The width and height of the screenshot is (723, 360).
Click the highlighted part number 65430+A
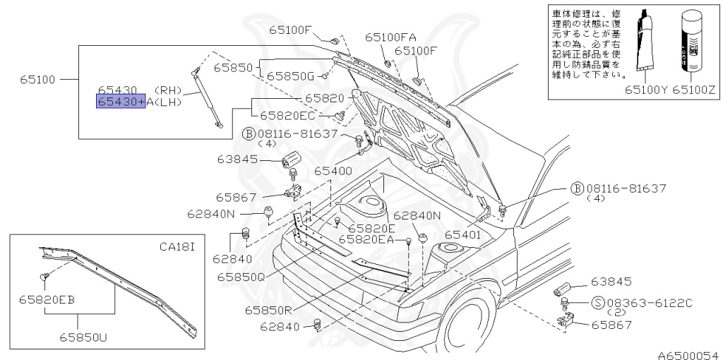click(x=121, y=102)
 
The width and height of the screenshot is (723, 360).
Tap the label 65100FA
click(x=390, y=37)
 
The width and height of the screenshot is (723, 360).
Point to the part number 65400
click(x=333, y=171)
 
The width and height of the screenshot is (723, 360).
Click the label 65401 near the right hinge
click(x=463, y=234)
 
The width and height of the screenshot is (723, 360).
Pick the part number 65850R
click(x=270, y=309)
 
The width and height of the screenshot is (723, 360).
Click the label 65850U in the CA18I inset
click(x=83, y=337)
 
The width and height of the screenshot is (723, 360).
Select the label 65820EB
click(x=47, y=299)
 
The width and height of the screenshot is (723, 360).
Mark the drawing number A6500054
click(x=688, y=354)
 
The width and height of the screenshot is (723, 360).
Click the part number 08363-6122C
click(x=647, y=303)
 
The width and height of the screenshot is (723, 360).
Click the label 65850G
click(x=291, y=75)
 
